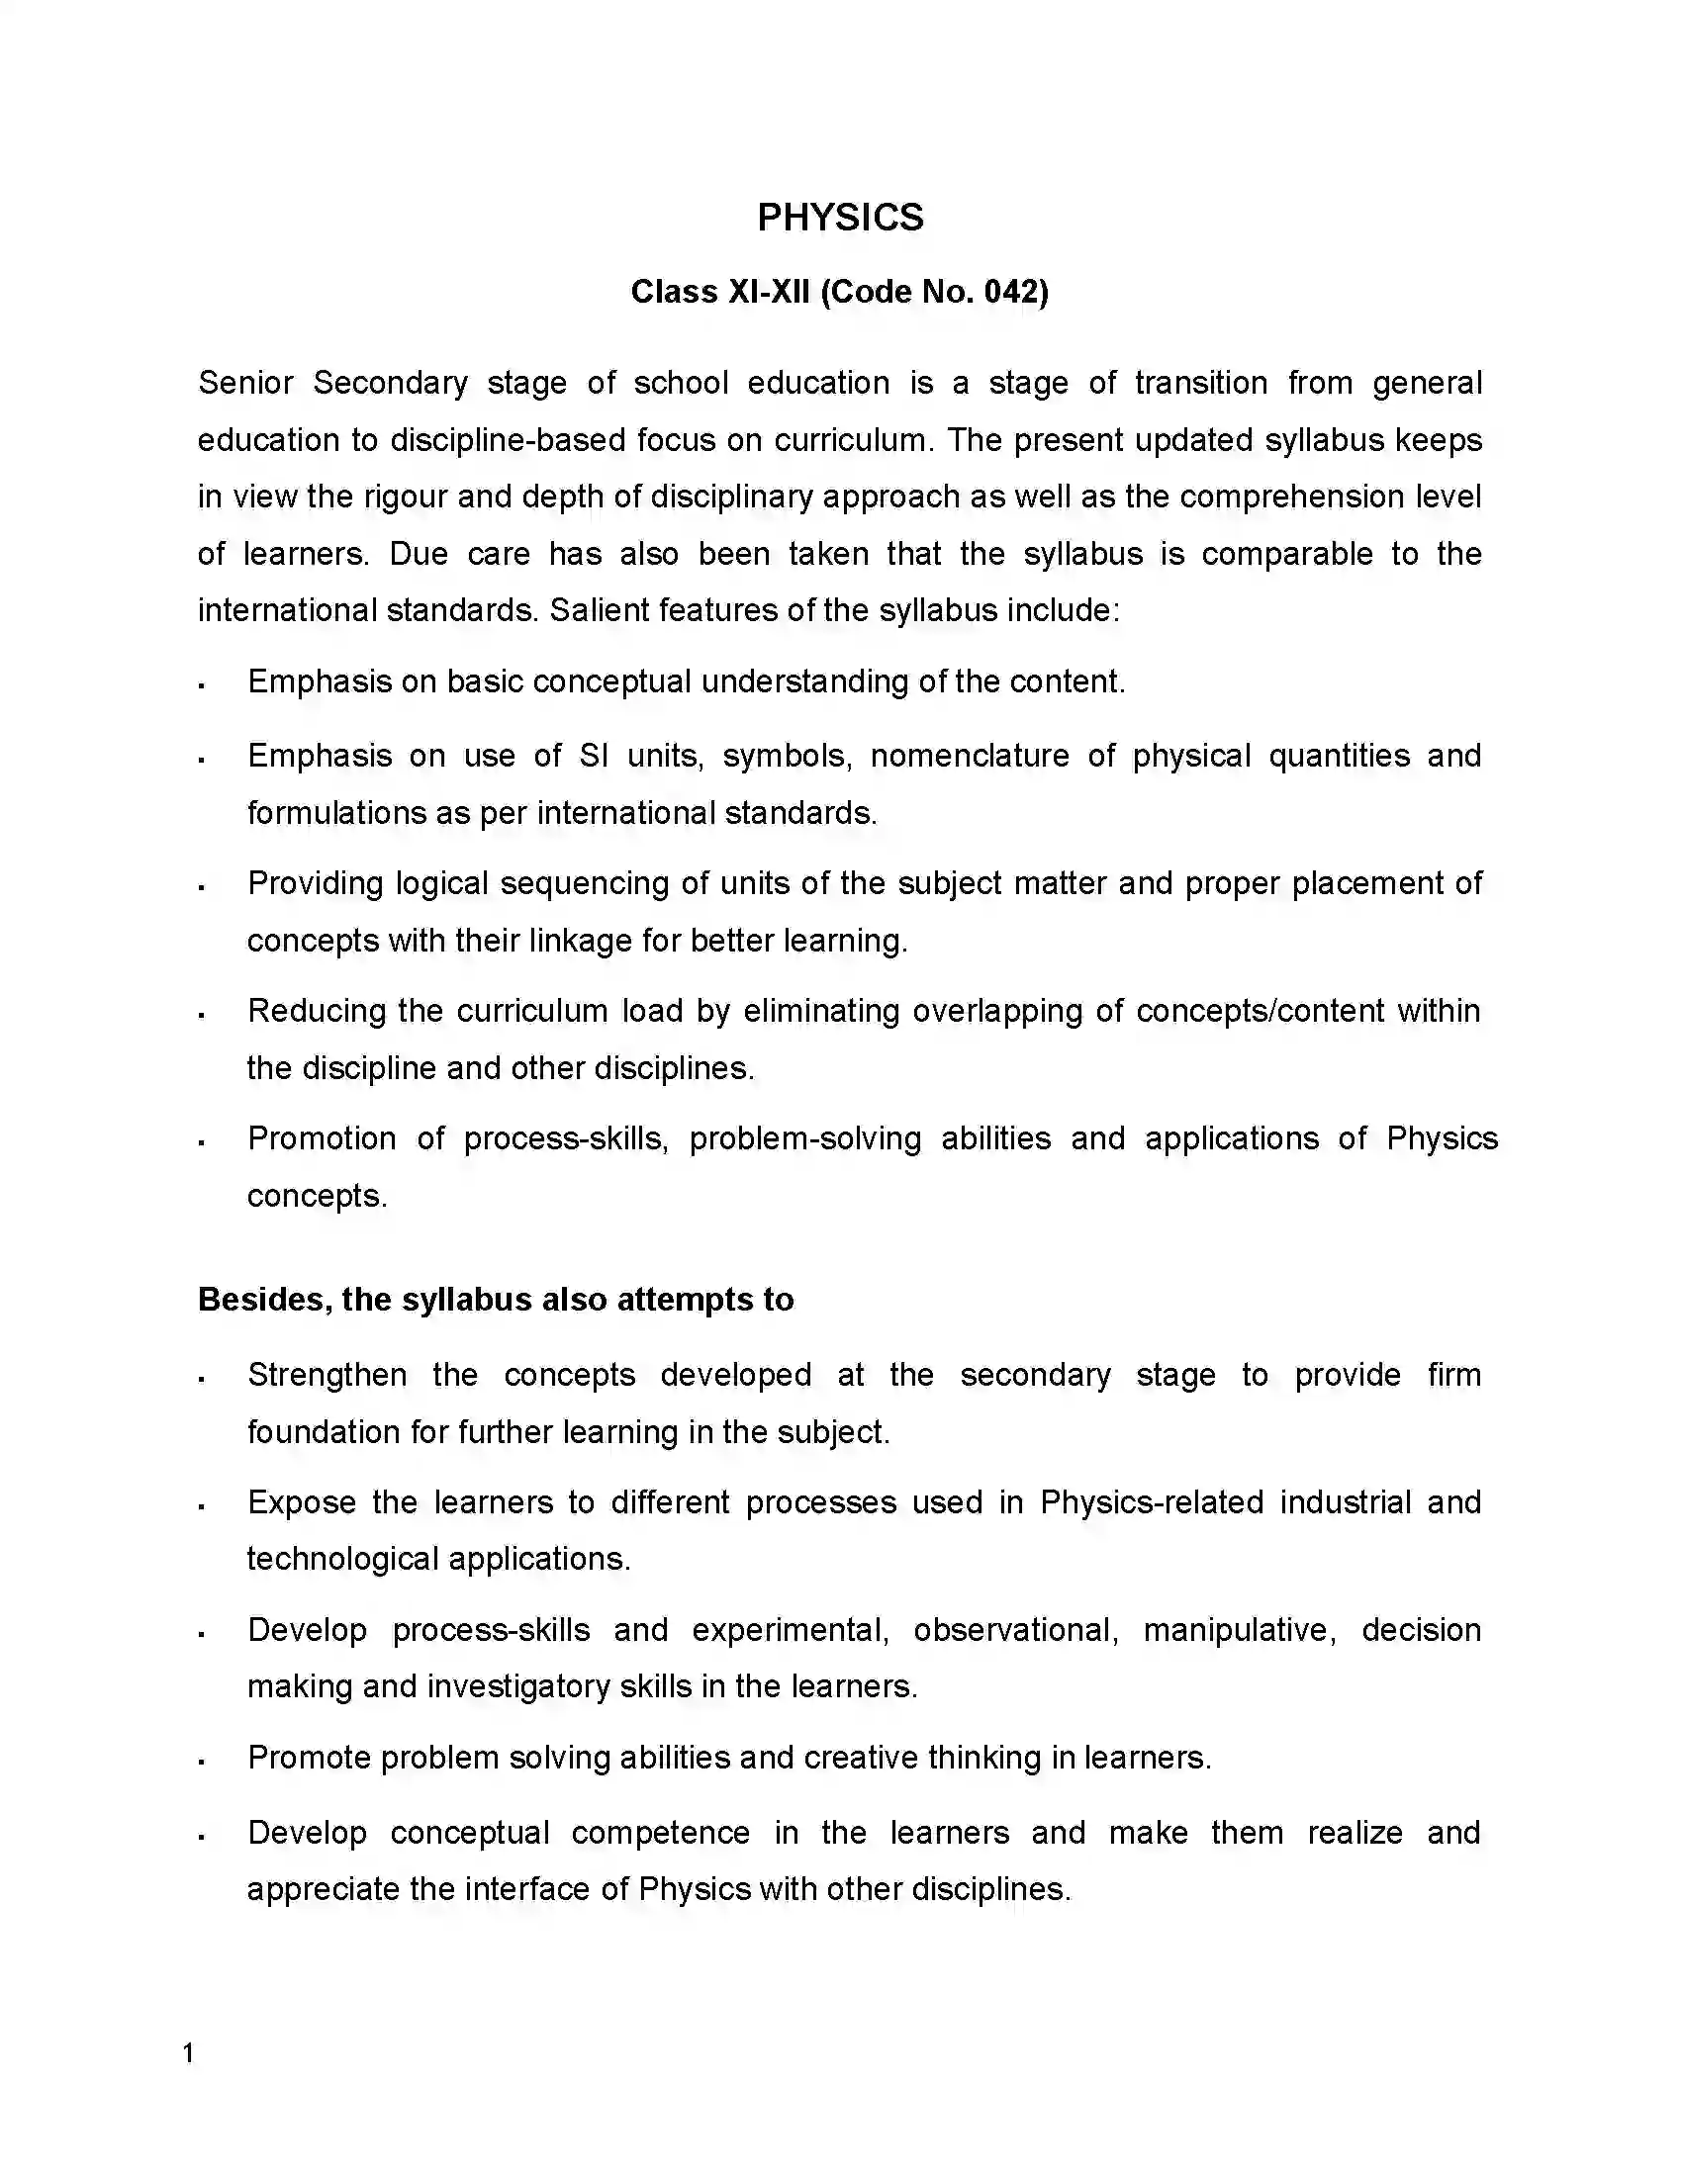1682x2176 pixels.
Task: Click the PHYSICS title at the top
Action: tap(840, 218)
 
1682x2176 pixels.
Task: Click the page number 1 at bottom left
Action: tap(188, 2052)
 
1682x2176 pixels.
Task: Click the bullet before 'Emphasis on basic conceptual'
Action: tap(201, 685)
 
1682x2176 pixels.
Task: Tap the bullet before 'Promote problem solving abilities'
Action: tap(201, 1762)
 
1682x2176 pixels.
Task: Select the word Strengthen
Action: tap(327, 1374)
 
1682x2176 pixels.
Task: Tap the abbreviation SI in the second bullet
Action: tap(594, 756)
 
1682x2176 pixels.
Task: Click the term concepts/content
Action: tap(1260, 1010)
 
